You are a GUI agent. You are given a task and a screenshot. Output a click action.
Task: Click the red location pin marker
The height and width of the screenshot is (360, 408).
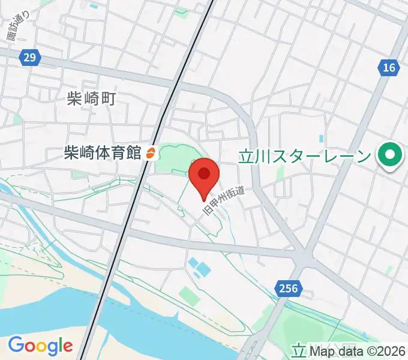[204, 175]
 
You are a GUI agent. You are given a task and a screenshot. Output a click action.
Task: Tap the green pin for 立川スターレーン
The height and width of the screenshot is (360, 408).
[390, 156]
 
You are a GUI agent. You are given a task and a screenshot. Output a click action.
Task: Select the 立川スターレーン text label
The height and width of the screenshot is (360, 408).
[305, 157]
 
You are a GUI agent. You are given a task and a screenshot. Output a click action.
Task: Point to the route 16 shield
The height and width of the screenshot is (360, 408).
[389, 68]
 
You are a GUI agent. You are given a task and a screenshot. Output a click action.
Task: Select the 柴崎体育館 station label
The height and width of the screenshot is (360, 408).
[103, 153]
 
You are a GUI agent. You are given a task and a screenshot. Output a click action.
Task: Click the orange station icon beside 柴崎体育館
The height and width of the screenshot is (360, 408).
[151, 154]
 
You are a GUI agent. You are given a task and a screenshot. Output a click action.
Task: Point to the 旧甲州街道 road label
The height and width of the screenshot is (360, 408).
[223, 202]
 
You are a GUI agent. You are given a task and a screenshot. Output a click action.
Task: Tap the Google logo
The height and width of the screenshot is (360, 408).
[40, 346]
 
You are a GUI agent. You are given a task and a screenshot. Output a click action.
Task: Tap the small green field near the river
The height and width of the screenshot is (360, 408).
[188, 295]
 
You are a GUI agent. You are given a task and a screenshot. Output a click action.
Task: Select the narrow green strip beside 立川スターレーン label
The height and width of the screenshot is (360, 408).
[280, 174]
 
